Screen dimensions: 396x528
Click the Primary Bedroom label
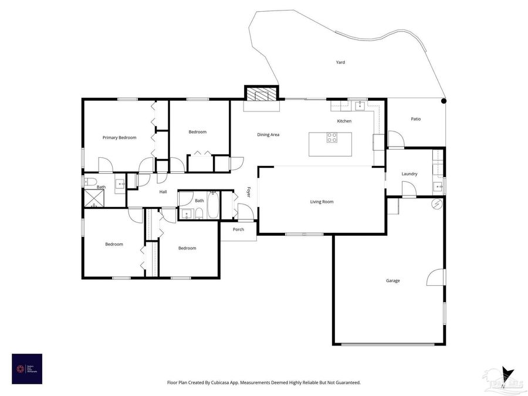(x=119, y=137)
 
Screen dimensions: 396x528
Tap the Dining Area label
(x=268, y=134)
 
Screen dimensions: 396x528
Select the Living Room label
(x=321, y=202)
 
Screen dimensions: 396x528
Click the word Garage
(x=392, y=280)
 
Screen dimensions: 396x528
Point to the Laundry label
(x=409, y=174)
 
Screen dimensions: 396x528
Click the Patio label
(x=415, y=119)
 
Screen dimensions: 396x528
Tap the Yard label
(x=340, y=62)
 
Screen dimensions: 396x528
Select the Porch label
(x=238, y=229)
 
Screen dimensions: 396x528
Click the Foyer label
(x=249, y=192)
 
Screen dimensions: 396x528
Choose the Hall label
(x=163, y=192)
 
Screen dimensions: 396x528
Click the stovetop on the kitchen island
(x=332, y=138)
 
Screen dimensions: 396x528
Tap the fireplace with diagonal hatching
(x=260, y=94)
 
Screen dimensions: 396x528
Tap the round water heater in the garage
(x=436, y=204)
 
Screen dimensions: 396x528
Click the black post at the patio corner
(x=444, y=101)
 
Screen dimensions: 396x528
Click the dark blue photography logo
(x=27, y=368)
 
